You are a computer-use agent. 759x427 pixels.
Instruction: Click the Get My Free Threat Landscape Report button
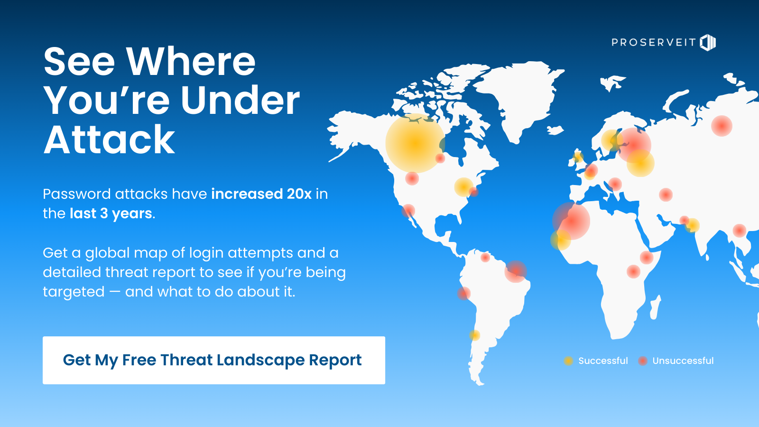coord(214,360)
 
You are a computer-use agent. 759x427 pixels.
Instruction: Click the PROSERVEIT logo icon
coord(708,42)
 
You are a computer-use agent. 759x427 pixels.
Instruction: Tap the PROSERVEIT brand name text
coord(654,42)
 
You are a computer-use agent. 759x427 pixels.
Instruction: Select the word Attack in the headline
coord(109,139)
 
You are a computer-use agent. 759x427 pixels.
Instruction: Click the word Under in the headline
coord(240,100)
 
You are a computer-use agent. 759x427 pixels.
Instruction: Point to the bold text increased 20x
coord(261,194)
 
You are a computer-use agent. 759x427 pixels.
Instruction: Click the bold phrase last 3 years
coord(111,213)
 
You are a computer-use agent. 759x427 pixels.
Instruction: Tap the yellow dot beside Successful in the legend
coord(568,361)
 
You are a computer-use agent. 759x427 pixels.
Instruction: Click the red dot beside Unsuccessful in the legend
coord(642,361)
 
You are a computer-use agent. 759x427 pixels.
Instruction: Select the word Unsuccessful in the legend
coord(683,361)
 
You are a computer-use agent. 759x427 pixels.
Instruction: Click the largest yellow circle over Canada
coord(415,143)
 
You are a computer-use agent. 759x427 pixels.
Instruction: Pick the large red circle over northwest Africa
coord(571,221)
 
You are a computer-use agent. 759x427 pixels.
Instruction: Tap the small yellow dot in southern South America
coord(474,335)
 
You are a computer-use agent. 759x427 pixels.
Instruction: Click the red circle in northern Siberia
coord(722,126)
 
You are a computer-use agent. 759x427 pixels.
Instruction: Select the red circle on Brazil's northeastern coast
coord(515,271)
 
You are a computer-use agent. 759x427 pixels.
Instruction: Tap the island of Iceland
coord(555,130)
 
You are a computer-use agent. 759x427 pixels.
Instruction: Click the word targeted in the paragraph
coord(74,292)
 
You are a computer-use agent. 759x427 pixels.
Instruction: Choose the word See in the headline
coord(79,62)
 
